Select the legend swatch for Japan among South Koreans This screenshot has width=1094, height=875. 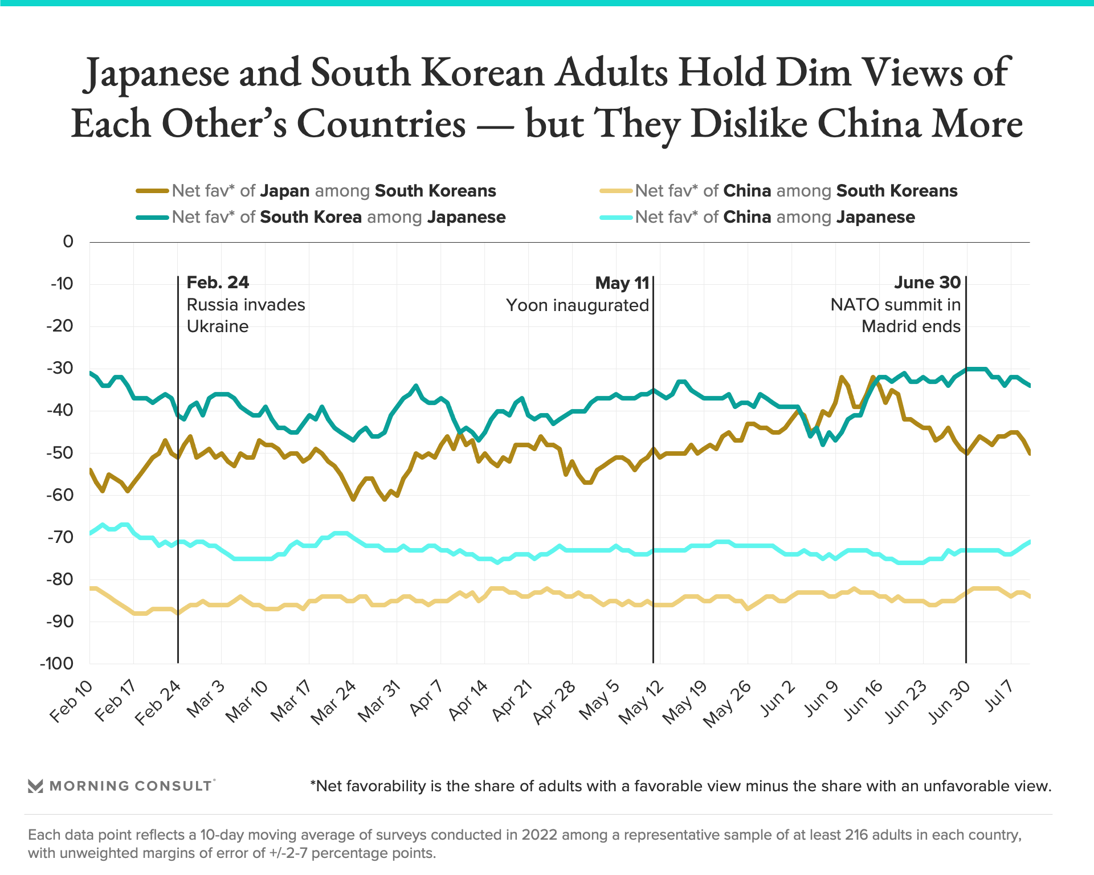click(152, 191)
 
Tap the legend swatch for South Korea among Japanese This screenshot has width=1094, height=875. click(152, 218)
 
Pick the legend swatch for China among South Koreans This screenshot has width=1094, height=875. click(616, 191)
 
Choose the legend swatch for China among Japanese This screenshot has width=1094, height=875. click(616, 218)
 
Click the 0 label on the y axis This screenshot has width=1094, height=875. click(68, 242)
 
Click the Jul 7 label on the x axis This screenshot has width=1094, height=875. click(999, 697)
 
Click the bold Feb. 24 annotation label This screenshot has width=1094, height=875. click(218, 283)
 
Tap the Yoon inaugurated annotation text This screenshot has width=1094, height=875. click(577, 305)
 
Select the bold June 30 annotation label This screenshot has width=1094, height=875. click(927, 283)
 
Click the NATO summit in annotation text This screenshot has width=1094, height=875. click(895, 305)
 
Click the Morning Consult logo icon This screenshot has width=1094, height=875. click(35, 786)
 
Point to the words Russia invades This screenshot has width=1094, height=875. click(246, 305)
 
